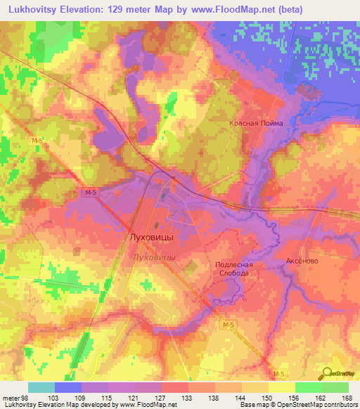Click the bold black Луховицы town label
point(152,238)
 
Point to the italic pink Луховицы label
point(153,258)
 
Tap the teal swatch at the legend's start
point(41,387)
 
